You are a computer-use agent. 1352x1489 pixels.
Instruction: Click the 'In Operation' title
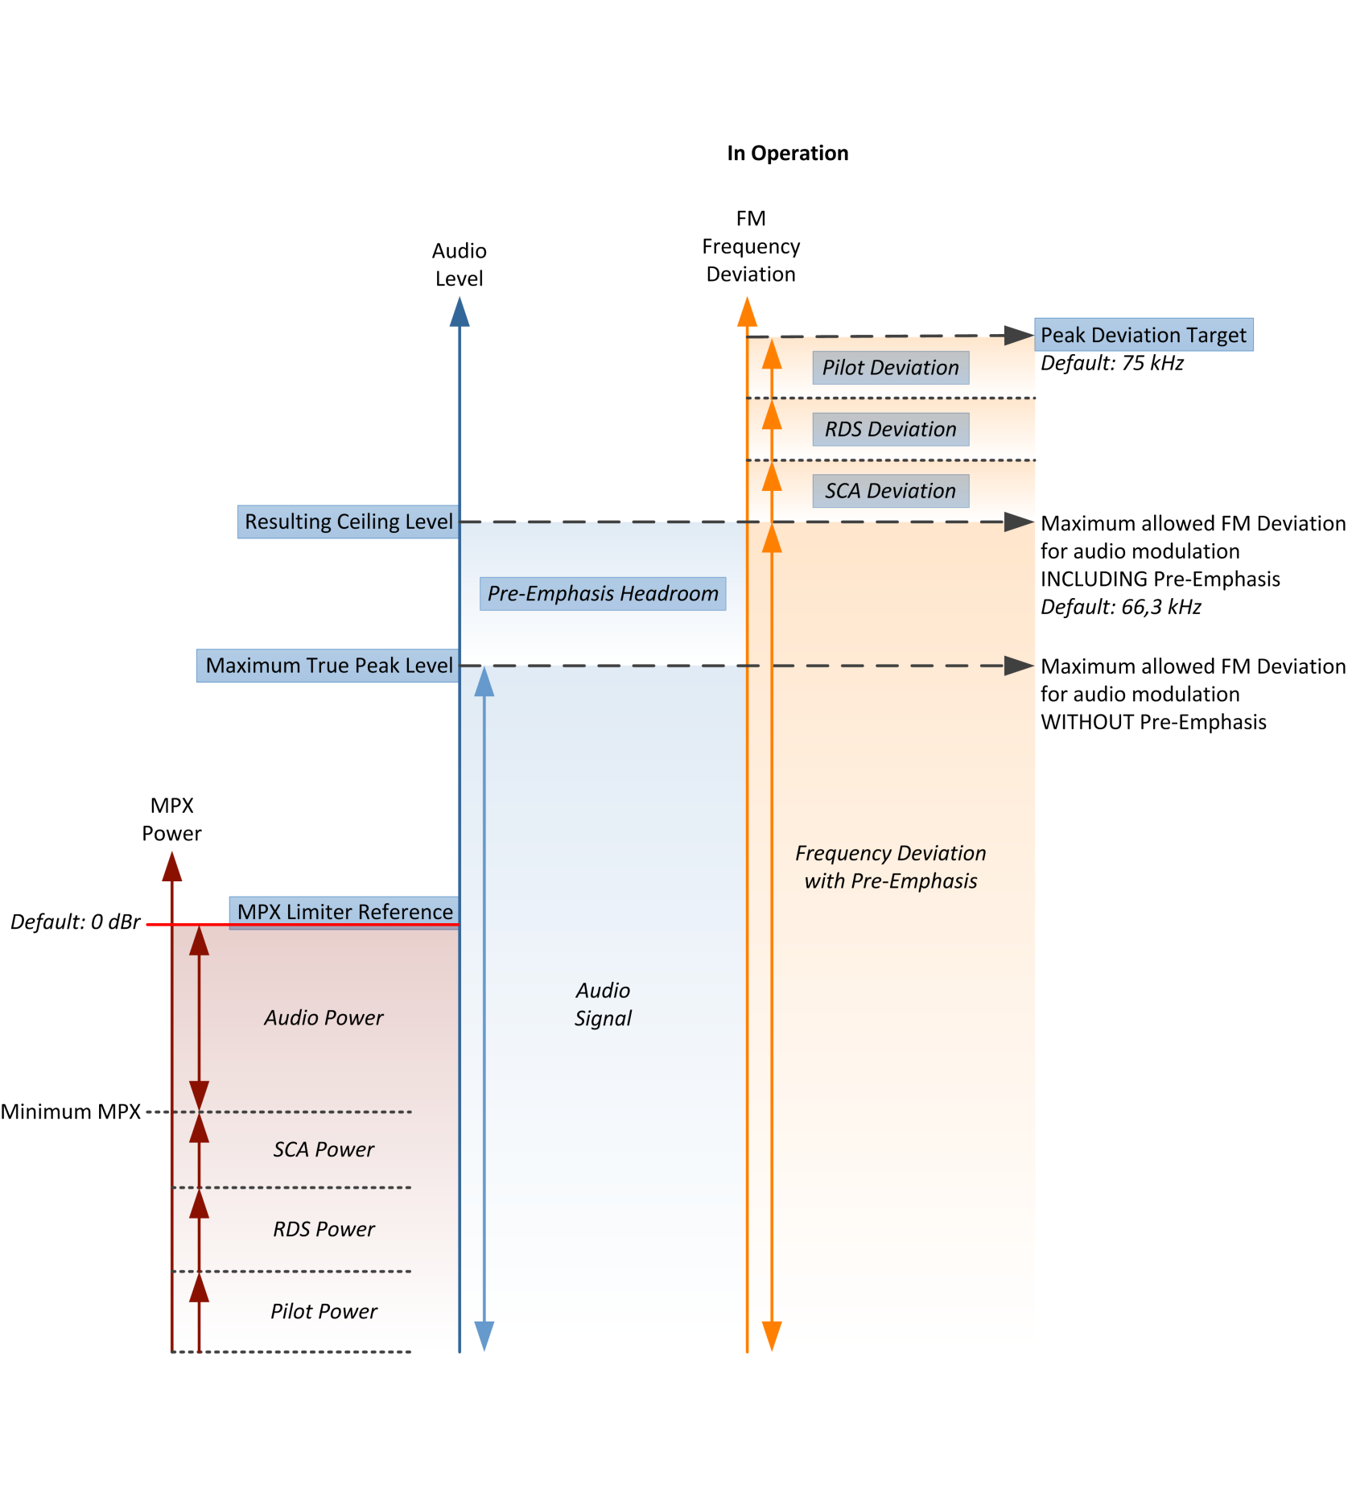click(787, 153)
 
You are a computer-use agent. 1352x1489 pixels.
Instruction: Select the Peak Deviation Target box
click(1144, 335)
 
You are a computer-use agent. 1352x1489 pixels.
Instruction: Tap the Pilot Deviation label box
click(890, 368)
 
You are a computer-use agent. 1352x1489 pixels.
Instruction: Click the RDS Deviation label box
click(890, 429)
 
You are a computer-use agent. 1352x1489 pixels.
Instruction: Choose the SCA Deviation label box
click(890, 491)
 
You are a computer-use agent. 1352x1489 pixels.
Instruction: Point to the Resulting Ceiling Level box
click(348, 522)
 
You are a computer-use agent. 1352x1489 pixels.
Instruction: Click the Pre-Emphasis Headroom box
click(603, 593)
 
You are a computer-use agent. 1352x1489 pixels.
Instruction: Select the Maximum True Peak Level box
click(328, 666)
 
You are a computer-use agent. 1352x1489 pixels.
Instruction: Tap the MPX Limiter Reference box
click(344, 913)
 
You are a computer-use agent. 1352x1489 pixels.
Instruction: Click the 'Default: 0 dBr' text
click(76, 922)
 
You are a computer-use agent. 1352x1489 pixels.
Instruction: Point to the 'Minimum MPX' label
click(71, 1112)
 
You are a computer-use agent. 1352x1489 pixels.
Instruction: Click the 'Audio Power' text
click(324, 1018)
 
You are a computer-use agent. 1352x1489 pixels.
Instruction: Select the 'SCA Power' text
click(324, 1149)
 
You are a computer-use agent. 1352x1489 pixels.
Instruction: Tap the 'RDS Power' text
click(324, 1229)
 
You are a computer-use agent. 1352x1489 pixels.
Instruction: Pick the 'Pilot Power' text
click(324, 1311)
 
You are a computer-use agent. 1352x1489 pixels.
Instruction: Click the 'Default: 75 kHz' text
click(1112, 363)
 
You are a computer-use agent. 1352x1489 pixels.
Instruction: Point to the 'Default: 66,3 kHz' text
click(1121, 607)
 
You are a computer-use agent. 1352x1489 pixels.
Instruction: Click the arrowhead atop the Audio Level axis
click(460, 311)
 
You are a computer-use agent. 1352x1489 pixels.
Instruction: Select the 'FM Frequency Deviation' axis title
click(751, 246)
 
